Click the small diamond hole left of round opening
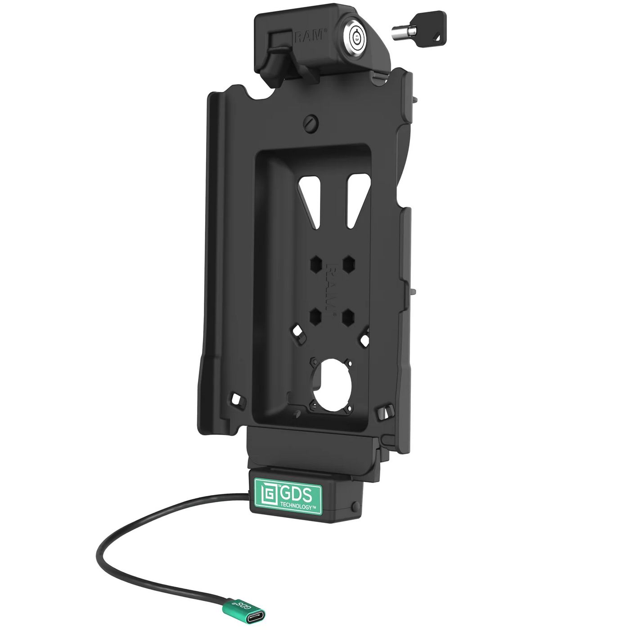[x=298, y=331]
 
